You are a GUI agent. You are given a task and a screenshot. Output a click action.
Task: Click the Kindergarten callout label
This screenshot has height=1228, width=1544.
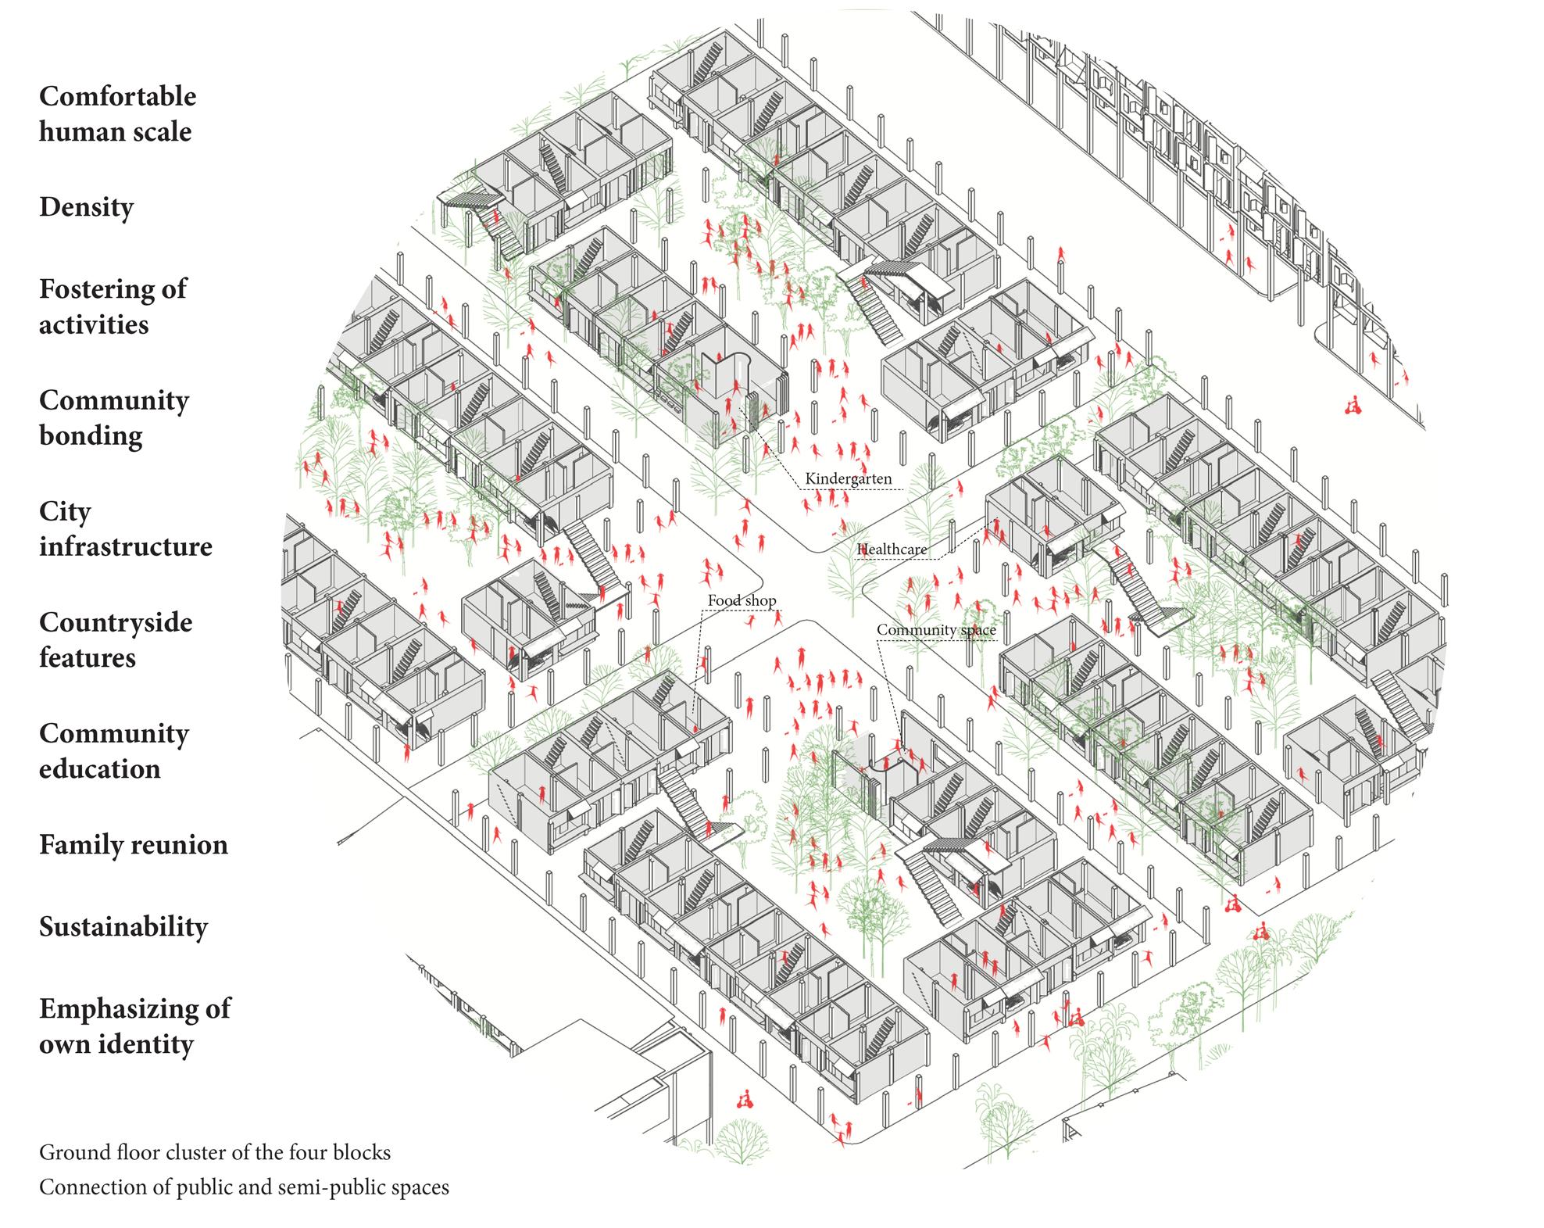coord(848,478)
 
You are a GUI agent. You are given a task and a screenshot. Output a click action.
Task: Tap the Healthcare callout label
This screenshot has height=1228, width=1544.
coord(892,549)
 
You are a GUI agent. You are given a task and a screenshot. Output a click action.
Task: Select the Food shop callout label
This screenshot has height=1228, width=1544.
coord(742,600)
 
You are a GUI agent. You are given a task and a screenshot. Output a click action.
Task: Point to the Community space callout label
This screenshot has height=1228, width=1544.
coord(936,629)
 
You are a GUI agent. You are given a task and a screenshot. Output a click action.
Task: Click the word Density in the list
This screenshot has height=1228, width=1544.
coord(86,207)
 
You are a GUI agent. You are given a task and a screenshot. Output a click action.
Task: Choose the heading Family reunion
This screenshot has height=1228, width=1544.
coord(134,845)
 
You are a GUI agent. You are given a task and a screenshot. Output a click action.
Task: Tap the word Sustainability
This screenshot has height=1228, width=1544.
coord(123,927)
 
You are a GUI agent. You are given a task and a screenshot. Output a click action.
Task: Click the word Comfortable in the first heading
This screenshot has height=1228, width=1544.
coord(117,96)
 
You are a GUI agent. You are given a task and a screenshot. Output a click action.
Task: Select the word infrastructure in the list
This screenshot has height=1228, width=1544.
coord(126,546)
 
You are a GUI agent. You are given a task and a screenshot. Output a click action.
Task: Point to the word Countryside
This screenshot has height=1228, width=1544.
coord(116,622)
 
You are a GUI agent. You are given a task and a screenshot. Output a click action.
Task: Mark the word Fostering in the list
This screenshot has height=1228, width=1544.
coord(88,289)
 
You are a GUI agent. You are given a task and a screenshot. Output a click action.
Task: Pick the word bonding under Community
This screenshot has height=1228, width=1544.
coord(91,435)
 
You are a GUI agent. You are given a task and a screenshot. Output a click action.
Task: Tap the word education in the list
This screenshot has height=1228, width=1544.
coord(100,769)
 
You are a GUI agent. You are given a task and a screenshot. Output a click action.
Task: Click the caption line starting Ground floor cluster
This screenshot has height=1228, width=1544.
coord(215,1152)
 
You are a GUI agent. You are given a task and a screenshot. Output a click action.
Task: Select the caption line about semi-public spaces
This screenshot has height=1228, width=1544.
coord(244,1187)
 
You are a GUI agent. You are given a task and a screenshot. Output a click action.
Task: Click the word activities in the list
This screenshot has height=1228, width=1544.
coord(94,324)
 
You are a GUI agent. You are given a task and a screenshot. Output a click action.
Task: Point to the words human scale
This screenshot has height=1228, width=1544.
coord(115,131)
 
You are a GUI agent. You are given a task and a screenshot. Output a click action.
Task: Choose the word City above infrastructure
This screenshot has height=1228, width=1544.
coord(65,512)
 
